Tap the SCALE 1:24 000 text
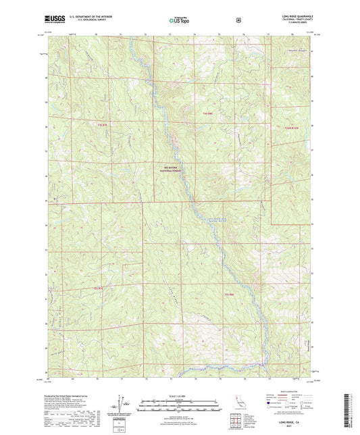click(x=180, y=395)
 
